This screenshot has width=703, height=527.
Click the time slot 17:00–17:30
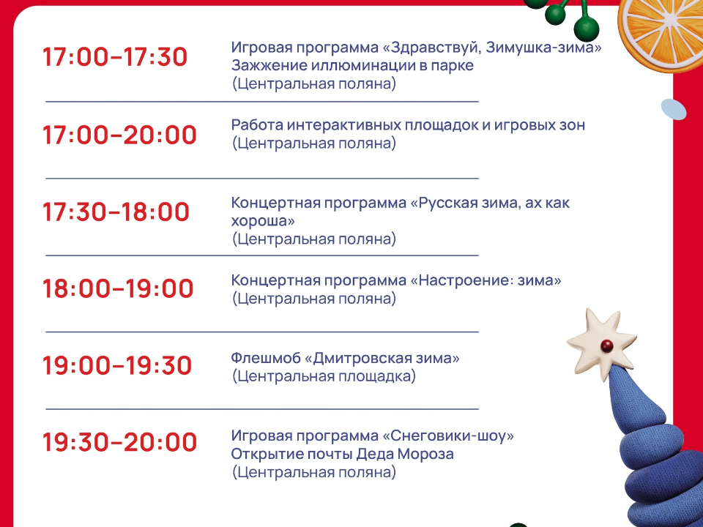pos(115,57)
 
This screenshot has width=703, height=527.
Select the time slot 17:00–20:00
pos(119,135)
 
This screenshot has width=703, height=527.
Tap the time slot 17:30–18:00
pos(116,212)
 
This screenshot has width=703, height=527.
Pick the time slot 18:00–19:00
pos(118,289)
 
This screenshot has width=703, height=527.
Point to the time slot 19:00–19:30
pos(117,366)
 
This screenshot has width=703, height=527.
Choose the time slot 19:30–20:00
pos(119,443)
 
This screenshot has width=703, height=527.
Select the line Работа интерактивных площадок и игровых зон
pos(408,125)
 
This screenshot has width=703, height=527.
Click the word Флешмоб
pos(265,359)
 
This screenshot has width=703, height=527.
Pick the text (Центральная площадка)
pos(324,377)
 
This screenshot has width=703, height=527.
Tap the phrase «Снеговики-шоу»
pos(447,436)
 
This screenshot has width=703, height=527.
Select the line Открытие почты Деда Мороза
pos(342,455)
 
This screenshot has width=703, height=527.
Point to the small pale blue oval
pos(673,110)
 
